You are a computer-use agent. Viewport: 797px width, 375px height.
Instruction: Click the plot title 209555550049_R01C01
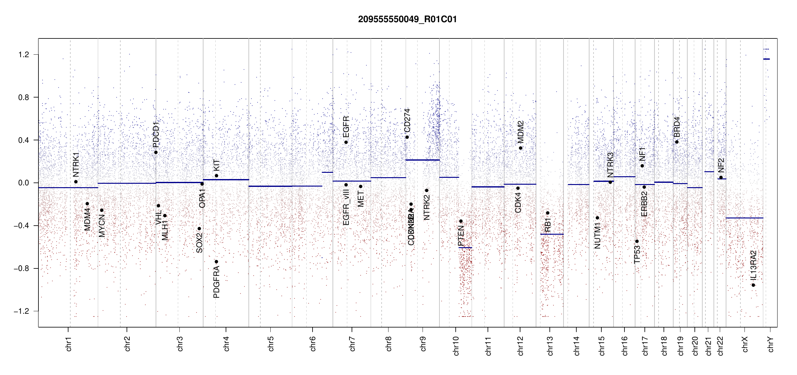pyautogui.click(x=407, y=19)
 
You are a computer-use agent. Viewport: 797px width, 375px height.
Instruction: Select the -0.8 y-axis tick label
pyautogui.click(x=21, y=268)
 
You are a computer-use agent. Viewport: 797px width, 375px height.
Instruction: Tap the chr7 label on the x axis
pyautogui.click(x=352, y=344)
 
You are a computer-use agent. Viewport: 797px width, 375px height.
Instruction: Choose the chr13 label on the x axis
pyautogui.click(x=550, y=346)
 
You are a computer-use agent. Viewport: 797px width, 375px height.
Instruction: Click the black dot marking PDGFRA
pyautogui.click(x=216, y=262)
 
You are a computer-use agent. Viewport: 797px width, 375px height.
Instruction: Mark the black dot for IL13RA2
pyautogui.click(x=753, y=285)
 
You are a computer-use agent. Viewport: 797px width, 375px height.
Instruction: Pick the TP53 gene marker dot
pyautogui.click(x=637, y=241)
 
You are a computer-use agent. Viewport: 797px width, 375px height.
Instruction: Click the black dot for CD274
pyautogui.click(x=407, y=137)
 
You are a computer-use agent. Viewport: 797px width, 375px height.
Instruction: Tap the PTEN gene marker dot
pyautogui.click(x=461, y=221)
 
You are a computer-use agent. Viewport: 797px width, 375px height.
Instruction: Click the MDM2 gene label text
pyautogui.click(x=520, y=132)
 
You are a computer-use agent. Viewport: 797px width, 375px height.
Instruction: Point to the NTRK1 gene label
pyautogui.click(x=76, y=165)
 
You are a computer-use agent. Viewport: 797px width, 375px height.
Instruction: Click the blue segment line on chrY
pyautogui.click(x=766, y=59)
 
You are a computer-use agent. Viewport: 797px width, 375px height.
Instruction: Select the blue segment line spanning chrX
pyautogui.click(x=744, y=218)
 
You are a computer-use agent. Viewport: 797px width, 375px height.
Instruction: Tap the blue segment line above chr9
pyautogui.click(x=422, y=160)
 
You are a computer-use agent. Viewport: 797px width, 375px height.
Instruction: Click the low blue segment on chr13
pyautogui.click(x=552, y=234)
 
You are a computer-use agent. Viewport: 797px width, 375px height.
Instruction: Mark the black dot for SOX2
pyautogui.click(x=199, y=229)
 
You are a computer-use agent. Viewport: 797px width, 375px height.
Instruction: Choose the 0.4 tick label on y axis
pyautogui.click(x=24, y=140)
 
